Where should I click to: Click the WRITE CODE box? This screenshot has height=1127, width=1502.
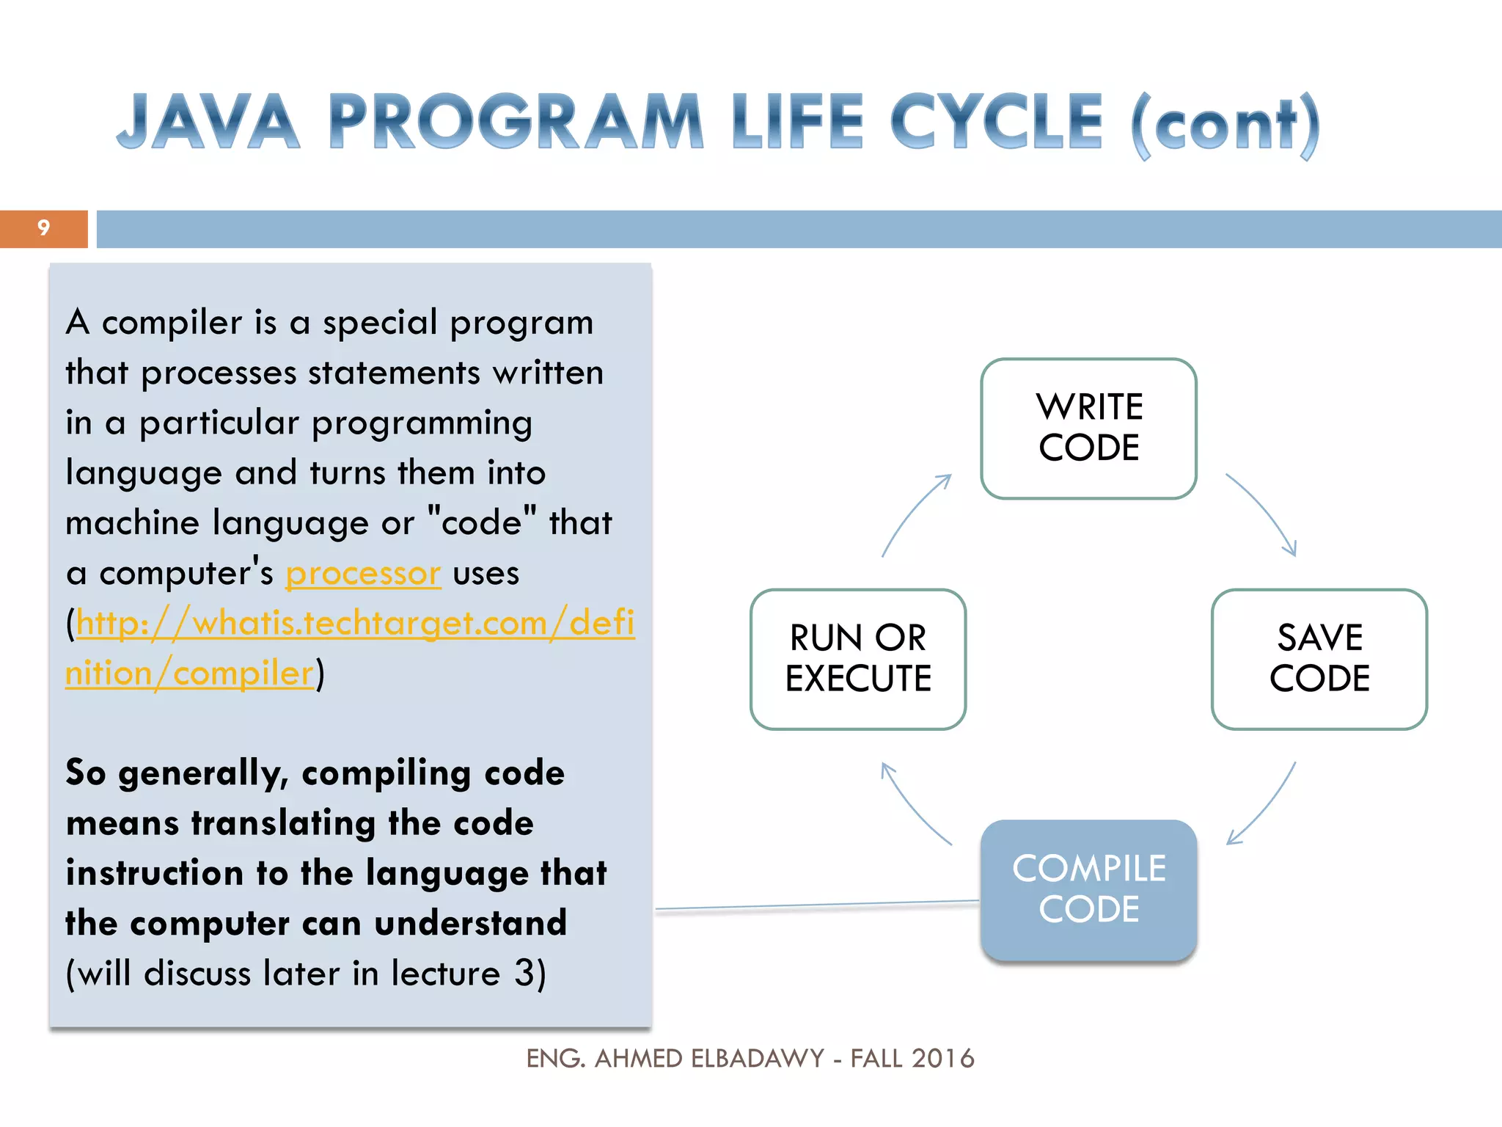pyautogui.click(x=1088, y=428)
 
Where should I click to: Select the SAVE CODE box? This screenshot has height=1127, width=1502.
pyautogui.click(x=1319, y=658)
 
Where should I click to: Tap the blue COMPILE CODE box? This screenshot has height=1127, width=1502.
pyautogui.click(x=1088, y=889)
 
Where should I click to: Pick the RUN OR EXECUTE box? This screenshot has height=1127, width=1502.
pyautogui.click(x=857, y=658)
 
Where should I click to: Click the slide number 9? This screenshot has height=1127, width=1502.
pyautogui.click(x=43, y=228)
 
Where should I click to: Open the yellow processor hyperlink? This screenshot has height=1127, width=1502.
pyautogui.click(x=363, y=574)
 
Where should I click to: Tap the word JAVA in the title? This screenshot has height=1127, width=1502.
pyautogui.click(x=208, y=122)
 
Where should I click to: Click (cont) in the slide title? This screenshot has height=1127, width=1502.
pyautogui.click(x=1226, y=125)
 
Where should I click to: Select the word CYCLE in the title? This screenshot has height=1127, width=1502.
pyautogui.click(x=996, y=122)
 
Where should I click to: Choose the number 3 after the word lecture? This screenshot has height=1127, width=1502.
pyautogui.click(x=524, y=973)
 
